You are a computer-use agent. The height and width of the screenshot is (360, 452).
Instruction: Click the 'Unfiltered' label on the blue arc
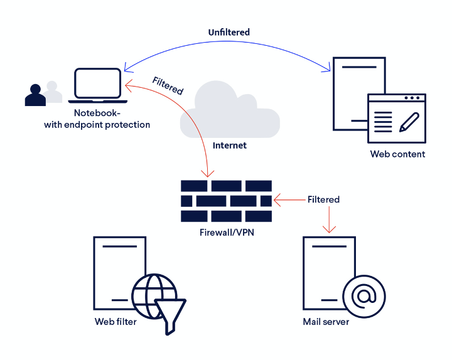coord(229,31)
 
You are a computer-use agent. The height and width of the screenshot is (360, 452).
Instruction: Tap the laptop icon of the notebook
coord(97,86)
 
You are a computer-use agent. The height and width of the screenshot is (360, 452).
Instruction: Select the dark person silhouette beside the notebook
coord(35,95)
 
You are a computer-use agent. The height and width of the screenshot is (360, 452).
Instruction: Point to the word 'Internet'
coord(230,145)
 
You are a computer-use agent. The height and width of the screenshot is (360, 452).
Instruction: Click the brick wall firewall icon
coord(226,201)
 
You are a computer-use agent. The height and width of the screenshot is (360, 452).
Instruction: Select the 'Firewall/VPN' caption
coord(226,232)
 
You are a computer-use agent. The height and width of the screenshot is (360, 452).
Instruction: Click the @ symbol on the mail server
coord(364,295)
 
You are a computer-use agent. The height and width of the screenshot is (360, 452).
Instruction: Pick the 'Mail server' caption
coord(326,322)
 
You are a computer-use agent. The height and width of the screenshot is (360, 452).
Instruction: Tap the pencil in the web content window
coord(409,120)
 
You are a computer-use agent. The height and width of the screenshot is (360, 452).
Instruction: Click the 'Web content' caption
coord(397,154)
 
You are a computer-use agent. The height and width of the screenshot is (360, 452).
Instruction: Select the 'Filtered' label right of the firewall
coord(323,199)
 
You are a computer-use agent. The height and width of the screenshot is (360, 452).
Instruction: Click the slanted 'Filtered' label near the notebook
coord(168,86)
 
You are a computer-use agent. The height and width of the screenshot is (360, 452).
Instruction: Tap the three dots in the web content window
coord(412,98)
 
